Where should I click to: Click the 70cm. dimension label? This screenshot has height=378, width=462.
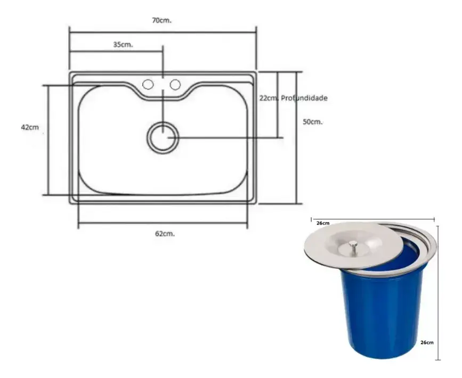click(162, 20)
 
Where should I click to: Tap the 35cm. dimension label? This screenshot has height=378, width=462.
click(123, 45)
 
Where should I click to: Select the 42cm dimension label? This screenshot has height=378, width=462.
click(30, 127)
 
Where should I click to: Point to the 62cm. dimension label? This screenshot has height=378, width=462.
click(166, 233)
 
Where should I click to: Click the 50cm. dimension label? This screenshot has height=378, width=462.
click(313, 121)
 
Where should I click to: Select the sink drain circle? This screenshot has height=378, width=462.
click(162, 137)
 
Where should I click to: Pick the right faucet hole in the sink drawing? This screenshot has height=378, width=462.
click(175, 84)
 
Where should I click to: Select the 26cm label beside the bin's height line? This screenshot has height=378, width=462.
click(427, 342)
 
